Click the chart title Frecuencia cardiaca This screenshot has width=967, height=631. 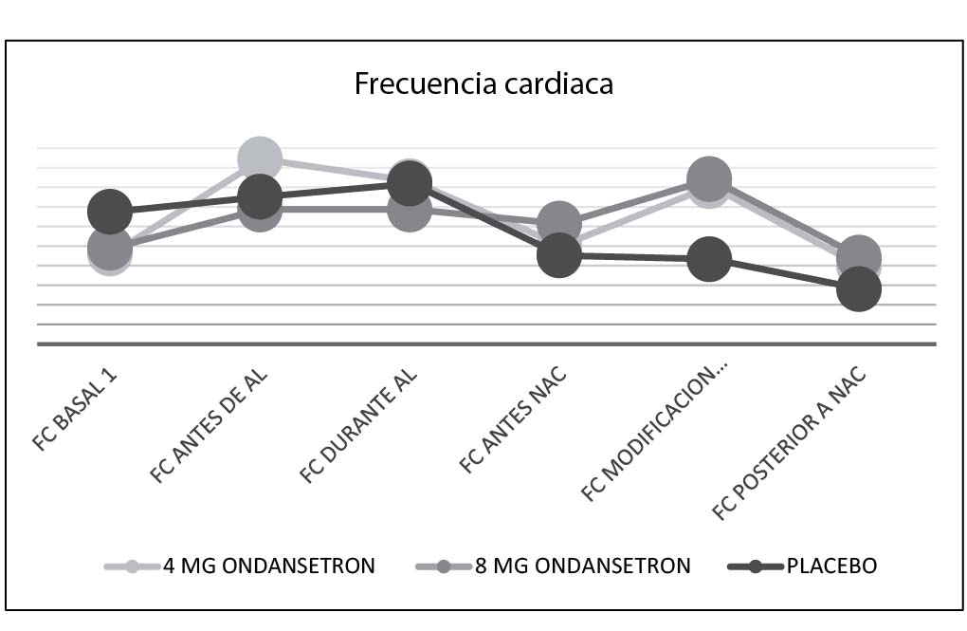483,84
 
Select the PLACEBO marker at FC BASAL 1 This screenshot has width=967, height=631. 110,211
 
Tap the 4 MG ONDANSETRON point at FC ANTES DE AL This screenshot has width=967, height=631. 260,158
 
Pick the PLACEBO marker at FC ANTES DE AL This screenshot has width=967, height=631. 260,197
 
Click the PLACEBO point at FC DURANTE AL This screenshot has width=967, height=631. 410,183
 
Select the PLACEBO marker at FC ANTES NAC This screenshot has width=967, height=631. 559,255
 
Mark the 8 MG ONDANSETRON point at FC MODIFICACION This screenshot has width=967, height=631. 709,178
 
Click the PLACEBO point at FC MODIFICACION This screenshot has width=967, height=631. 709,259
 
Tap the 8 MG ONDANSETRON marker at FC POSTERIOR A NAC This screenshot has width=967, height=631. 859,256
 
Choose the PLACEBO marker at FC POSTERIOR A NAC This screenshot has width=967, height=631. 859,288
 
